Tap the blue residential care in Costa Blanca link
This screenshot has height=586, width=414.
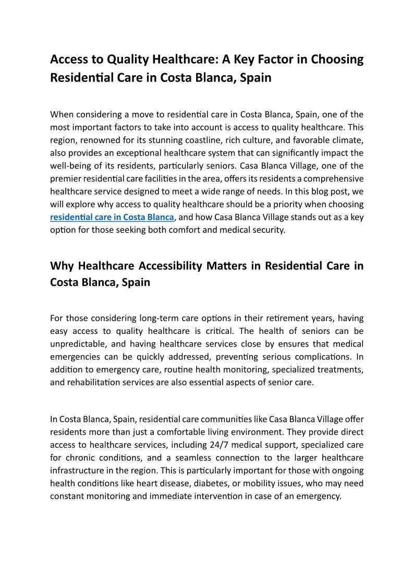pyautogui.click(x=112, y=217)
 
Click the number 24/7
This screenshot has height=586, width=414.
pyautogui.click(x=210, y=445)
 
